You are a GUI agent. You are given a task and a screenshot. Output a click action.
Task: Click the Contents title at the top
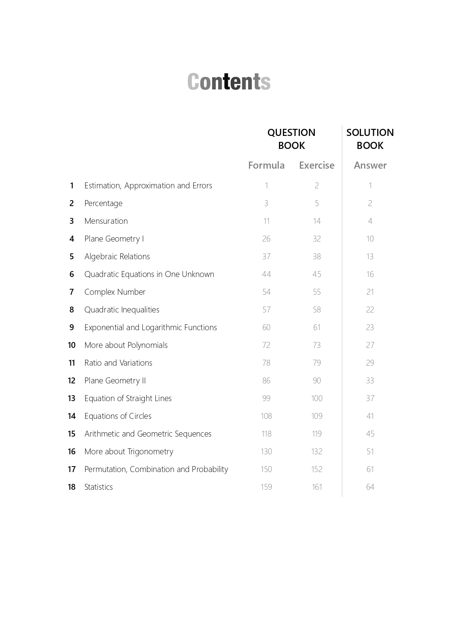pos(229,82)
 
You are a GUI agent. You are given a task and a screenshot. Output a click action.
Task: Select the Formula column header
pos(266,165)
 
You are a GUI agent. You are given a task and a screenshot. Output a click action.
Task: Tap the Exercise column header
pos(316,165)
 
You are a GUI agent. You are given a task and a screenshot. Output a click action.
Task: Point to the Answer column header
pos(370,165)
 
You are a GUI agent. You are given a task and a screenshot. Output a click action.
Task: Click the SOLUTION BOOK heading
pos(370,139)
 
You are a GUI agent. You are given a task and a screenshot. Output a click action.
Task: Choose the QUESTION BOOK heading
pos(292,139)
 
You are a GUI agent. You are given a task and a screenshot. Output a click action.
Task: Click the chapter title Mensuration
pos(106,221)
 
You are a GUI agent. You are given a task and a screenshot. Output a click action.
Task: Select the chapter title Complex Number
pos(115,292)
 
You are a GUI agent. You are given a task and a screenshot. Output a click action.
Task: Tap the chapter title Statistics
pos(99,487)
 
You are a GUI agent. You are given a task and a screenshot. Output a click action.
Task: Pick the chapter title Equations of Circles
pos(118,416)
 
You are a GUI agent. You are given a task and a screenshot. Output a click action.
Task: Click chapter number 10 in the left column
pos(71,345)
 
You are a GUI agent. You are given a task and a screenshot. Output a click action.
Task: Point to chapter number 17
pos(71,469)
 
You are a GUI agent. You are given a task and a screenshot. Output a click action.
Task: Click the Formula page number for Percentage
pos(266,203)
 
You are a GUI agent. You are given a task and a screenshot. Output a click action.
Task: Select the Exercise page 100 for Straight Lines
pos(317,398)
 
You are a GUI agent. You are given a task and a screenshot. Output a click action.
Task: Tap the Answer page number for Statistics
pos(370,487)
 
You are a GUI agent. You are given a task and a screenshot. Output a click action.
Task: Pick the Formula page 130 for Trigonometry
pos(266,452)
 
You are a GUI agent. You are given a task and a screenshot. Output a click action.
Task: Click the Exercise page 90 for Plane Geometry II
pos(317,381)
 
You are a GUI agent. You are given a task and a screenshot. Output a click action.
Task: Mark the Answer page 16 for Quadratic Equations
pos(370,274)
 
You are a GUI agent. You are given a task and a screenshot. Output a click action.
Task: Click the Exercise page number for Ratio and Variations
pos(317,363)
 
